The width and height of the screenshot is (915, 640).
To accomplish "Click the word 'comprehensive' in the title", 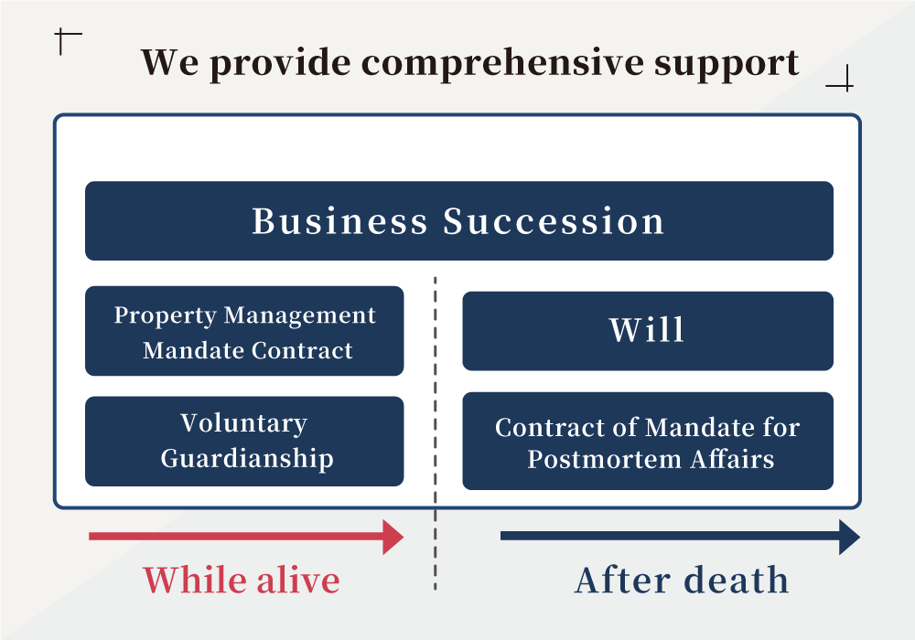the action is tap(503, 63).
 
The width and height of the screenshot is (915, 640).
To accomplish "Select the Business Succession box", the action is tap(459, 221).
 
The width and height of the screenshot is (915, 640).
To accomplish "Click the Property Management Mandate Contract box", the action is tap(244, 331).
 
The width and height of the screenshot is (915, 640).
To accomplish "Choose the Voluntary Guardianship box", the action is tap(244, 442).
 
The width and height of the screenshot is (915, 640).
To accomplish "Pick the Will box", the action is tap(648, 331).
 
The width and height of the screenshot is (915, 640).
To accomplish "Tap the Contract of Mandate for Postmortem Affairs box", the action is tap(648, 442).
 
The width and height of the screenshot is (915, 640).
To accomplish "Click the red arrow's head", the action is tap(393, 537).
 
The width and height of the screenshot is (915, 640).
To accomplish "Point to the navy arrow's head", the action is tap(849, 537).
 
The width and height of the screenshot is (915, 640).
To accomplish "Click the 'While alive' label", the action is tap(242, 581).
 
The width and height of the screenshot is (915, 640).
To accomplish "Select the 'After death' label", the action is tap(682, 581).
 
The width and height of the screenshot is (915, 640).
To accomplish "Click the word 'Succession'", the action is tap(554, 221).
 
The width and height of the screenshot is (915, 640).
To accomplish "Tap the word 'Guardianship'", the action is tap(247, 459).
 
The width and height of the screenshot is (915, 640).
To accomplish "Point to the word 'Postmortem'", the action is tap(604, 460).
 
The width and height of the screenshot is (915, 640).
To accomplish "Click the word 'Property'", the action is tap(165, 316).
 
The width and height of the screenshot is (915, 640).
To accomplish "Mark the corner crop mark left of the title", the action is tap(61, 35).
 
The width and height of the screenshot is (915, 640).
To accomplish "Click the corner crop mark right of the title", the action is tap(845, 86).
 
